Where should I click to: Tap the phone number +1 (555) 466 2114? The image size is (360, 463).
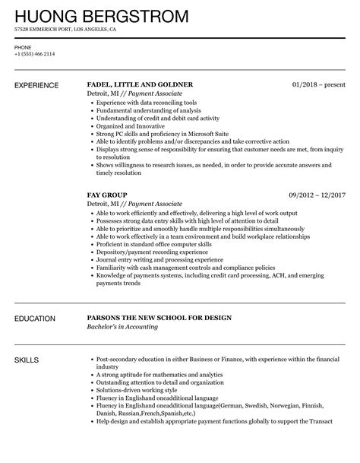[x=33, y=55]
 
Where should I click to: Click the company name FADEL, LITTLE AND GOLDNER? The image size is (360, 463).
[x=141, y=84]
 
